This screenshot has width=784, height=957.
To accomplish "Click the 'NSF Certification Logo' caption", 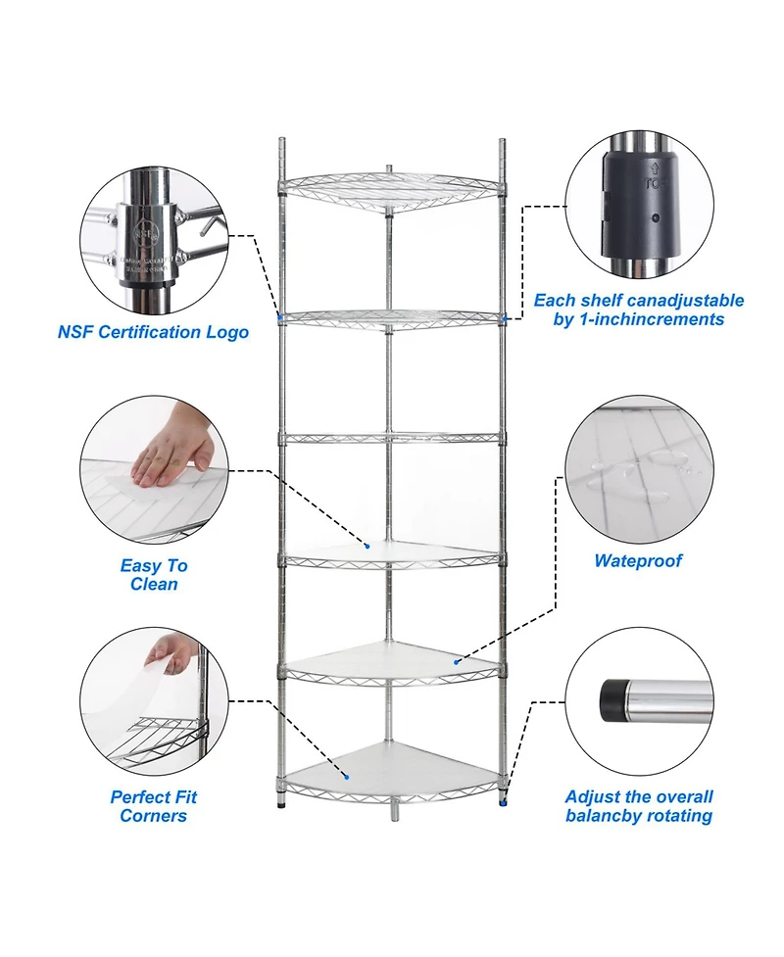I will [153, 332].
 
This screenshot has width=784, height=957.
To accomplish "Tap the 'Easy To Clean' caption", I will [154, 575].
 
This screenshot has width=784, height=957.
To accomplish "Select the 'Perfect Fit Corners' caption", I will [154, 806].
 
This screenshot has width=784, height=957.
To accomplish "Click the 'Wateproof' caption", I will [637, 561].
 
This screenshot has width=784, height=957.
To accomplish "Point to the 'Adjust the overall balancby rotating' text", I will [639, 806].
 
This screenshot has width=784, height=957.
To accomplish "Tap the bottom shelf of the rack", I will [392, 769].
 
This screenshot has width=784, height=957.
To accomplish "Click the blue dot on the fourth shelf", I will [367, 546].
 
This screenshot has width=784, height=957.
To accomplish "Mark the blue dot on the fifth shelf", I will [456, 662].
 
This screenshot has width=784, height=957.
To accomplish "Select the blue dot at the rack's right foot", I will [504, 802].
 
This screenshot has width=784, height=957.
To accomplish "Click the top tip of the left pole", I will [279, 141].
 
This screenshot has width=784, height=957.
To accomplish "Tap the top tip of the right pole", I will [503, 141].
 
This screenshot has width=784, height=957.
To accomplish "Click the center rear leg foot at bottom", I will [394, 811].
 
